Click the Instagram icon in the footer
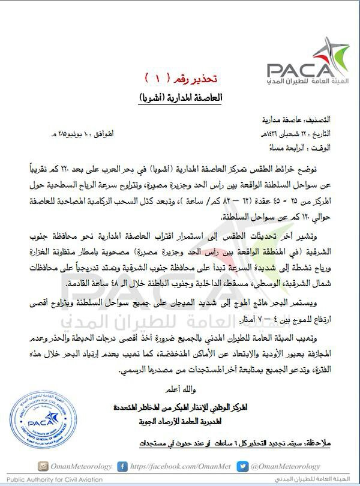(x=43, y=466)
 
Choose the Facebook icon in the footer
(x=122, y=466)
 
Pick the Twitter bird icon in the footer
(x=241, y=466)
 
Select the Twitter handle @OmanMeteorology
(x=284, y=466)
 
